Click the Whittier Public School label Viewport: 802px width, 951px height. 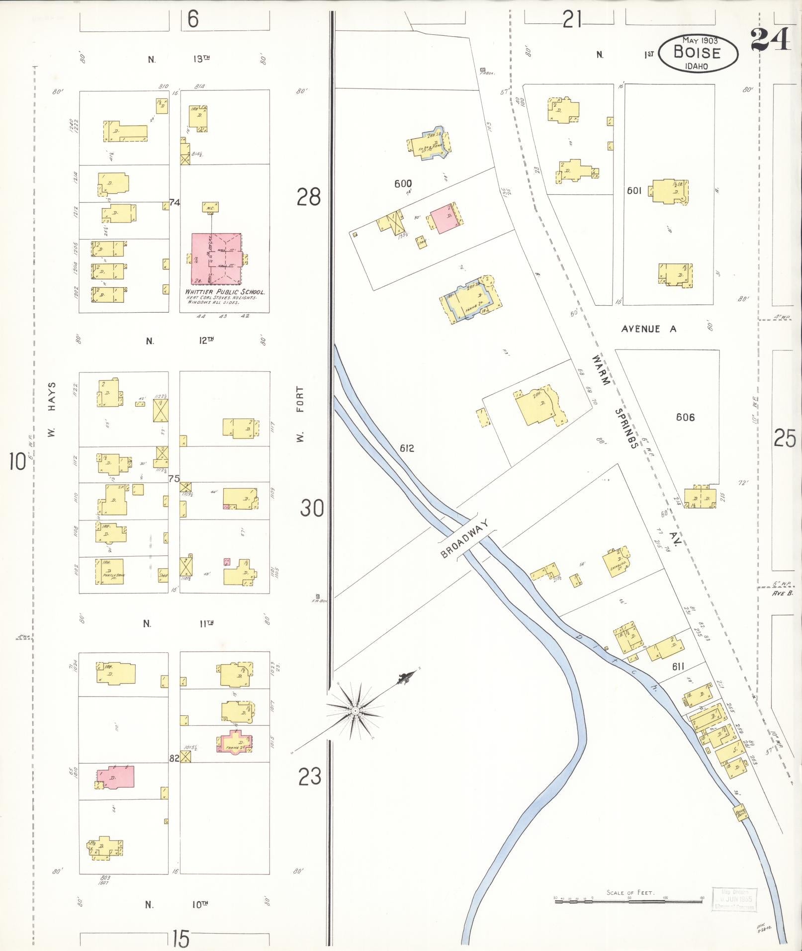click(224, 292)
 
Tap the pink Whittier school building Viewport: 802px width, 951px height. click(217, 259)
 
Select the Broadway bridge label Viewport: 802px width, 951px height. click(465, 539)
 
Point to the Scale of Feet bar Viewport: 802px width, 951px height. click(629, 898)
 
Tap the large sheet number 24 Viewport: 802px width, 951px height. click(770, 40)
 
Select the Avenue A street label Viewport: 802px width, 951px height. click(648, 329)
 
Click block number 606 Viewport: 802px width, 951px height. click(685, 417)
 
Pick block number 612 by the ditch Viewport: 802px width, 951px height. click(406, 448)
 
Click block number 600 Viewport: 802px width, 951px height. click(403, 184)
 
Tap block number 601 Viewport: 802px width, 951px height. click(634, 190)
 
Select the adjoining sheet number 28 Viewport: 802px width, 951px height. click(309, 197)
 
